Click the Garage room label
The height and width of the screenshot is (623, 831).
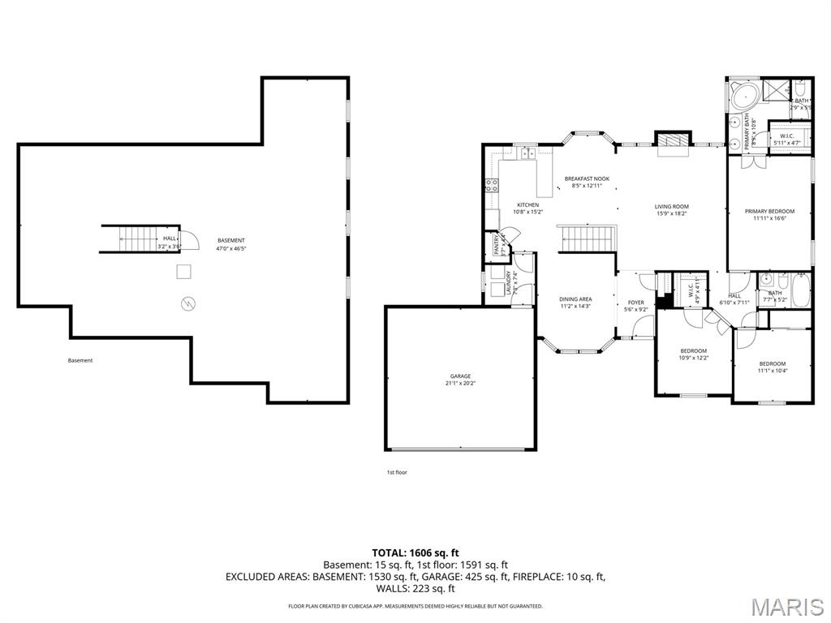[x=460, y=376]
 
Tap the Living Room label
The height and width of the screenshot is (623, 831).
[x=671, y=206]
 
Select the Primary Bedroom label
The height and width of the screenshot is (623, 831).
[x=769, y=211]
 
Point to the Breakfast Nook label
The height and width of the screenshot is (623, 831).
[x=587, y=178]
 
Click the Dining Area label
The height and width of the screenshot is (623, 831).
[x=575, y=299]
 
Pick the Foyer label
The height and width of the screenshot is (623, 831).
[x=635, y=303]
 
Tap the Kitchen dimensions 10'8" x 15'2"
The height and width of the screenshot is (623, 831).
[x=527, y=212]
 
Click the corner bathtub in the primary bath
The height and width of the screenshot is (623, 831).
[x=741, y=97]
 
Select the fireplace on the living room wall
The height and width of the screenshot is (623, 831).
[x=671, y=140]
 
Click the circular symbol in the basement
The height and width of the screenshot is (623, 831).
[x=188, y=303]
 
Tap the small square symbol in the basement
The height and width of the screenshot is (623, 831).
[x=184, y=271]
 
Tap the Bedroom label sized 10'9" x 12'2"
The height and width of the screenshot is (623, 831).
[x=694, y=350]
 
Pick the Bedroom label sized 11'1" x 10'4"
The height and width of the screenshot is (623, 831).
[x=772, y=363]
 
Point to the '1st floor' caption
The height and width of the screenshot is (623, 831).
[x=396, y=471]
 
